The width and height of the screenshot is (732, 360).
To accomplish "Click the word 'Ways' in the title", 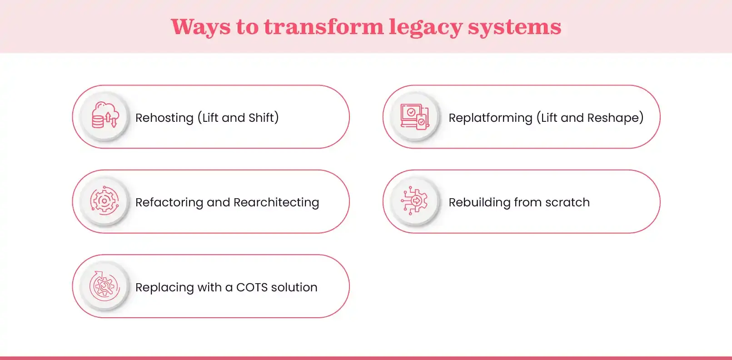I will pos(200,27).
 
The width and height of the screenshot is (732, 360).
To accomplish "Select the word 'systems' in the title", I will pos(514,27).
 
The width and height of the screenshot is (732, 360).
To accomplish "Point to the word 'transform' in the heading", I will pos(324,27).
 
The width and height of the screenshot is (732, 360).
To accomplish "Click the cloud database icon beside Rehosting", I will pos(105,116).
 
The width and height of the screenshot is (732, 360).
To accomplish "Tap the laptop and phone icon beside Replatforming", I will pos(415,116).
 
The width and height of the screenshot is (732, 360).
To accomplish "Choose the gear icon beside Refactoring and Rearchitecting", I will pos(105,201).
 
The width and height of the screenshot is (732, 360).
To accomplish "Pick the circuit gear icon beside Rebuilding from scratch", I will pos(414,200).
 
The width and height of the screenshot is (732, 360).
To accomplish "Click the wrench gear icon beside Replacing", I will pos(105,286).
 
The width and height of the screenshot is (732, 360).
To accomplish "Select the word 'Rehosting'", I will pos(164,118).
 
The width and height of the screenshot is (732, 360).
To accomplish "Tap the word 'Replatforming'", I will pos(490,118).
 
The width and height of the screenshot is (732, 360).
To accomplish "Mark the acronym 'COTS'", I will pos(252,287).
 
